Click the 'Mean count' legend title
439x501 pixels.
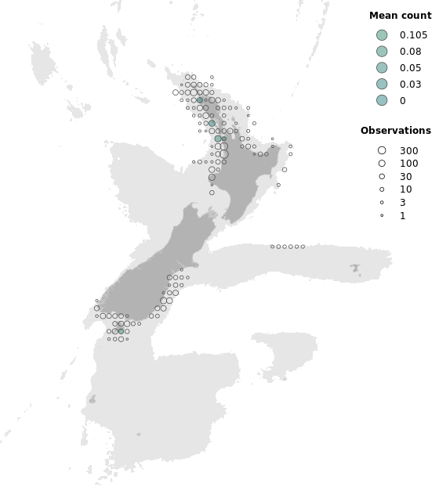400,16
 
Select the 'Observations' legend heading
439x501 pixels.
395,131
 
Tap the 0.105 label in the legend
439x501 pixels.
413,35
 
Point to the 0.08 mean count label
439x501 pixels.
410,52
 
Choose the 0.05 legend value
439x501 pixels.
410,68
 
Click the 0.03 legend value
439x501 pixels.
410,85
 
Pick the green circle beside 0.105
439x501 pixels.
382,35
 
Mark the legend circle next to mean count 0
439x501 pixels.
382,100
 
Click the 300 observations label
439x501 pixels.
408,150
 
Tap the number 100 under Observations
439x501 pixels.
408,164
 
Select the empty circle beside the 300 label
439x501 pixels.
382,150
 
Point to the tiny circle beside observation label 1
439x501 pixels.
382,215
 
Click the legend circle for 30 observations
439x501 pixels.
382,176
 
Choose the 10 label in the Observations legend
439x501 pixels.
405,189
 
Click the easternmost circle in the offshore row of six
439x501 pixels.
303,247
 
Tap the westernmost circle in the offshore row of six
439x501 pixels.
272,247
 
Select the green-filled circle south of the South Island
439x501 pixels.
121,331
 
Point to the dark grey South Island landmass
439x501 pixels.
157,266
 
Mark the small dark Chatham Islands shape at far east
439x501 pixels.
356,268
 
